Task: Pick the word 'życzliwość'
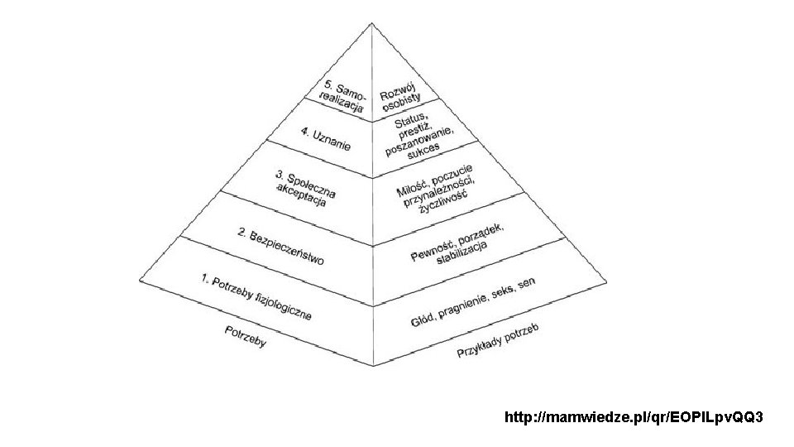443,202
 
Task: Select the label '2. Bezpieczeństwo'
280,247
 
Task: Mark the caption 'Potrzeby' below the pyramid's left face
245,337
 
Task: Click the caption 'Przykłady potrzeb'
499,342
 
